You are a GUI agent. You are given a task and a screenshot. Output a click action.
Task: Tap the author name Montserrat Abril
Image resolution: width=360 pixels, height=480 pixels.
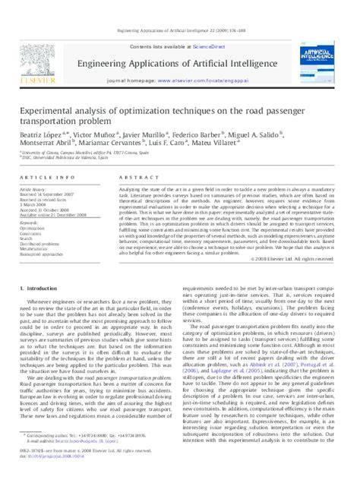(36, 141)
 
